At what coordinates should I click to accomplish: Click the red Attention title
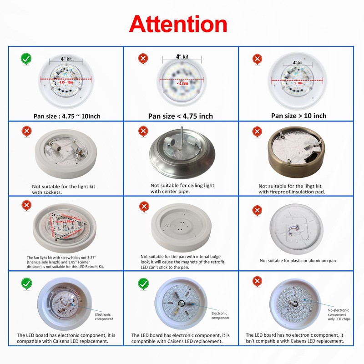pyautogui.click(x=178, y=24)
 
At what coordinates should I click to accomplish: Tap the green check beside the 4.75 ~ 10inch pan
pyautogui.click(x=26, y=59)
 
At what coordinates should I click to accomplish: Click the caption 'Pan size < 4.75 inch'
pyautogui.click(x=181, y=116)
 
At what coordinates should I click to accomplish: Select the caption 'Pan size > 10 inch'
pyautogui.click(x=298, y=116)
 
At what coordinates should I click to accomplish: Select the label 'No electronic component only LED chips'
pyautogui.click(x=339, y=314)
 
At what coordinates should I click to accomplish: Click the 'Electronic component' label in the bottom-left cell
pyautogui.click(x=104, y=317)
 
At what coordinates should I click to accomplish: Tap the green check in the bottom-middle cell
pyautogui.click(x=143, y=283)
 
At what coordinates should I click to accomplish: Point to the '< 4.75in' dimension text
pyautogui.click(x=181, y=84)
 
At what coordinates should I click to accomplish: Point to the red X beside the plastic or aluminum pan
pyautogui.click(x=257, y=210)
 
